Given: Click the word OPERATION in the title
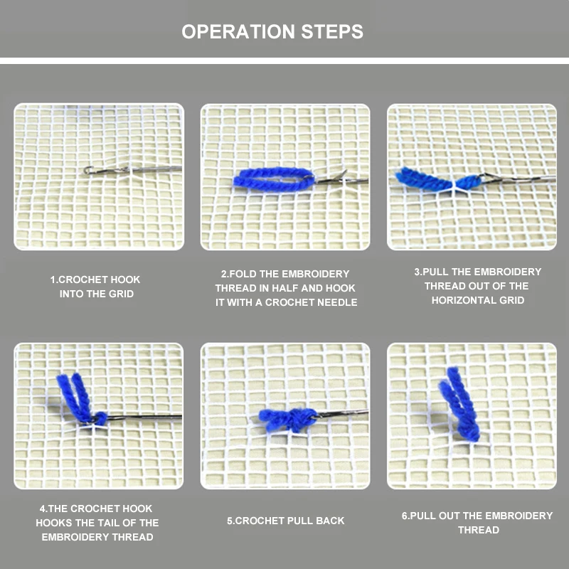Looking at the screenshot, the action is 238,31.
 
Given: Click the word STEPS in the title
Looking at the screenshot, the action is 332,31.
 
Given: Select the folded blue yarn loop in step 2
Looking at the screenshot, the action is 274,179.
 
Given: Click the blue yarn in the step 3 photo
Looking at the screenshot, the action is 435,179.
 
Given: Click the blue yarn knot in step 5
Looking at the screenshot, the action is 289,420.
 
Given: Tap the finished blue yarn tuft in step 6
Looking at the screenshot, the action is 459,405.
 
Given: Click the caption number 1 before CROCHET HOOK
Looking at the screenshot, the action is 53,280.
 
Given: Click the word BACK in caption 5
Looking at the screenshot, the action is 330,521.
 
